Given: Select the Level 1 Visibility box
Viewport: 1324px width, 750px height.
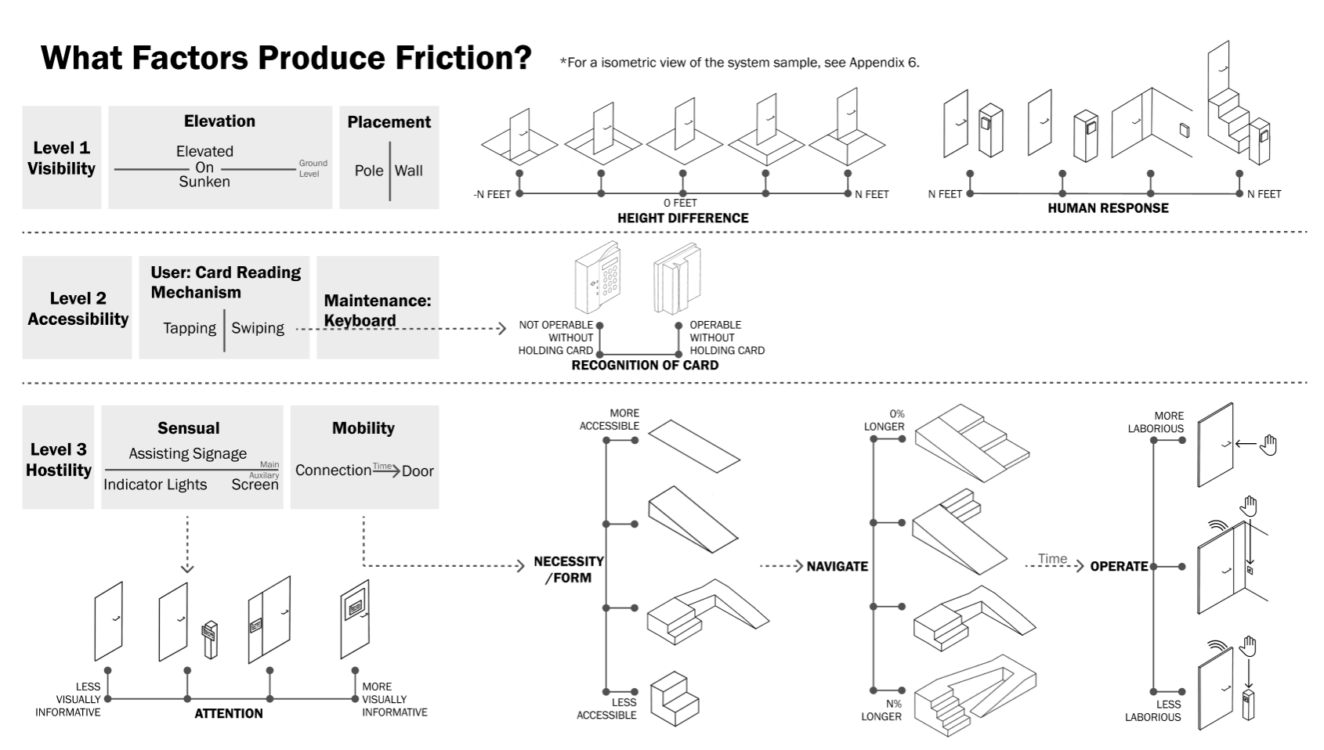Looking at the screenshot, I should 61,157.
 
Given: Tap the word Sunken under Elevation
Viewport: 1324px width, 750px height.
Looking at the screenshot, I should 204,182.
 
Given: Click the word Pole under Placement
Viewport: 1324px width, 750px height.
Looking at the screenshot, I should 369,171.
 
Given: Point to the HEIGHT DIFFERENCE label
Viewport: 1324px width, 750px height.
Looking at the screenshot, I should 682,218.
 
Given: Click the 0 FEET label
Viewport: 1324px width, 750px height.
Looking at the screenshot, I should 680,203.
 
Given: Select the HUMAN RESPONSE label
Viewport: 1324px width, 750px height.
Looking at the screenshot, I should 1108,208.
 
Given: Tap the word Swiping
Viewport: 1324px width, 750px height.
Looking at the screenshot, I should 258,329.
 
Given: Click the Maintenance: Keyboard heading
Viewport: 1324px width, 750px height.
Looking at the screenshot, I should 378,311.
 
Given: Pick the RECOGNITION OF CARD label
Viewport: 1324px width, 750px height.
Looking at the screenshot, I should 645,365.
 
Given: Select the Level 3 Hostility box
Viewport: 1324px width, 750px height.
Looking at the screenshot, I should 58,460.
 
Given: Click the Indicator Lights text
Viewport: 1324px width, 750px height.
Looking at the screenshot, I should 155,485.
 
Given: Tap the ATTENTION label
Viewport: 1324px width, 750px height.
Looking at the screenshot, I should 229,713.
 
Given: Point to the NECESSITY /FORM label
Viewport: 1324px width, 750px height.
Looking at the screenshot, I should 569,570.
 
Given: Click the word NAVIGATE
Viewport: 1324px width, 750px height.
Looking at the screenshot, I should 837,567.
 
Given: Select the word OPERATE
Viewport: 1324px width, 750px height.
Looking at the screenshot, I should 1119,567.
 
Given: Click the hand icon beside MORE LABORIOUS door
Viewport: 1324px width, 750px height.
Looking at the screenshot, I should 1268,445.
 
